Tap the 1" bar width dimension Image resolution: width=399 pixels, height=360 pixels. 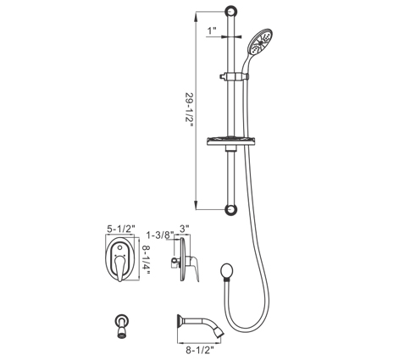tap(212, 30)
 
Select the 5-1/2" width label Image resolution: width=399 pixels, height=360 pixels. tap(121, 229)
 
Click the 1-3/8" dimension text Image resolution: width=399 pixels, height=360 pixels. tap(160, 235)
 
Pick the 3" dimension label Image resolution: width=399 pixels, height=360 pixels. tap(184, 229)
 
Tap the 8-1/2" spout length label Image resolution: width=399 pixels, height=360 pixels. tap(200, 351)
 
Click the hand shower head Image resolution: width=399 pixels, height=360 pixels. tap(259, 42)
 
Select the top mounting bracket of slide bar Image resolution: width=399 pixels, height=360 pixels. tap(231, 12)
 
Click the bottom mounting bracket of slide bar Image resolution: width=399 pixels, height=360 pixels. tap(231, 209)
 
